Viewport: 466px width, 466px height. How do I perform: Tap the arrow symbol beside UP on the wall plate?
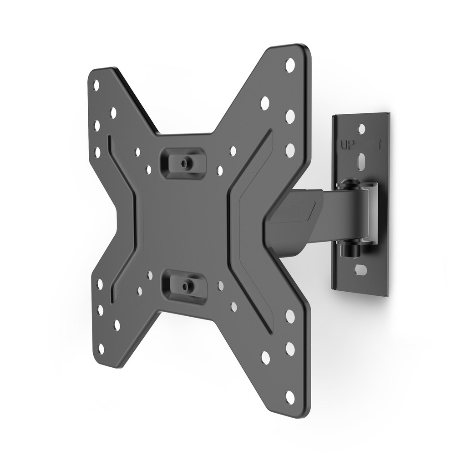pos(379,145)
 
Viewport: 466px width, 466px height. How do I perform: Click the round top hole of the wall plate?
pos(361,129)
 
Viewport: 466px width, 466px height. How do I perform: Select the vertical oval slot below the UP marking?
pos(361,162)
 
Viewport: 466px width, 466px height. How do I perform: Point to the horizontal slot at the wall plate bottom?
pos(360,270)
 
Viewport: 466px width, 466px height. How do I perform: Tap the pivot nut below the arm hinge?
pos(352,249)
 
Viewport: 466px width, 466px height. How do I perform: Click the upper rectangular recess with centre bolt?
pos(183,163)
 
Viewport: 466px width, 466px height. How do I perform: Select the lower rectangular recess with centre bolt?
pos(185,287)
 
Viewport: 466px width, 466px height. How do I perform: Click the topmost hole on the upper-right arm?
pos(290,65)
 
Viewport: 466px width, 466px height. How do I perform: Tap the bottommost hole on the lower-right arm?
pos(290,397)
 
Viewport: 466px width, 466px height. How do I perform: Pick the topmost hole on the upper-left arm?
pos(96,85)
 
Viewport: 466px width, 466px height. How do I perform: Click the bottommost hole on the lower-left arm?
pos(101,349)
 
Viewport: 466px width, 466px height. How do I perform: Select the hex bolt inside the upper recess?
pos(185,163)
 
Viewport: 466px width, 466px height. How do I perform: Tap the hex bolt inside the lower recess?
pos(186,286)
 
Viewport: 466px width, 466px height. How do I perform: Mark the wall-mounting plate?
pos(361,205)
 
